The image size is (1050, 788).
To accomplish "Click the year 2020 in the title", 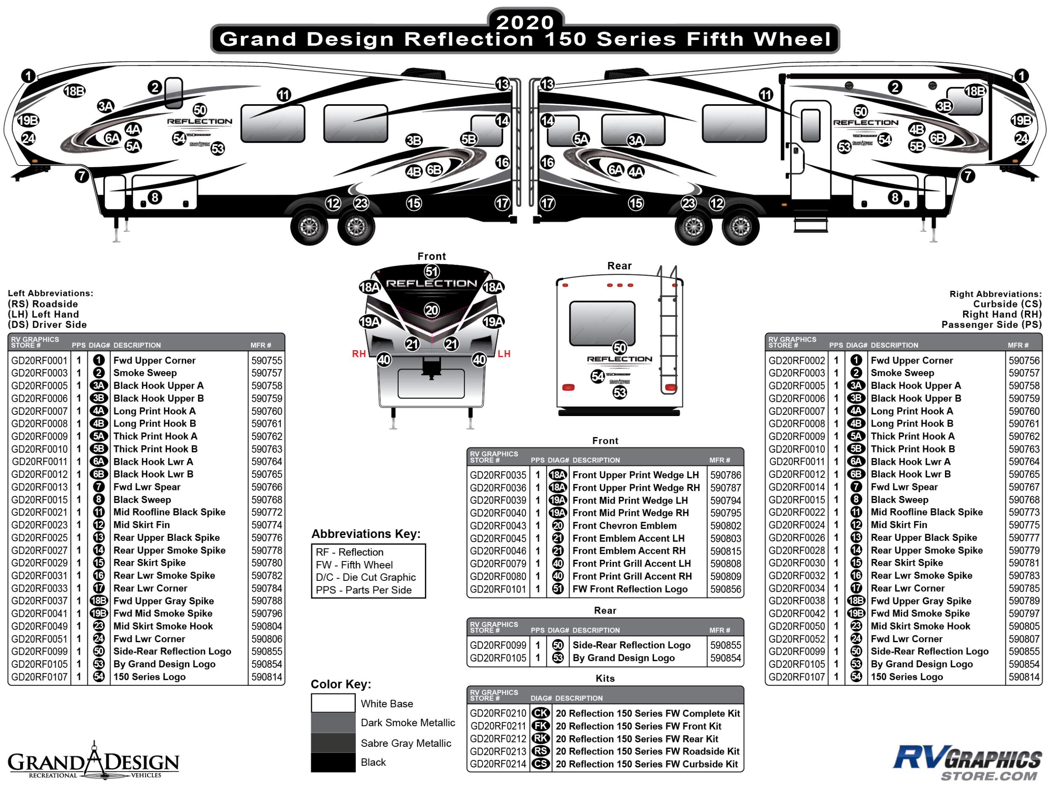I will (525, 22).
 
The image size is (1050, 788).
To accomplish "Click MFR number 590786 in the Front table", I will (725, 475).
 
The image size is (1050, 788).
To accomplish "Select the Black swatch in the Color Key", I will (333, 762).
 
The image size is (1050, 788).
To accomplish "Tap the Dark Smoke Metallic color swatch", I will (333, 722).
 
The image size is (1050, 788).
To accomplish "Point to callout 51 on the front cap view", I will (431, 271).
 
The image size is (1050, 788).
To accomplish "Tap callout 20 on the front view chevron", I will (431, 310).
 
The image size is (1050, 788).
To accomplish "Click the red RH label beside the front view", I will (358, 354).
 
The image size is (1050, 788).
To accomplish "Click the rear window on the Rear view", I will (602, 323).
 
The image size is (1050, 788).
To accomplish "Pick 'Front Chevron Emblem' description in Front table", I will (624, 526).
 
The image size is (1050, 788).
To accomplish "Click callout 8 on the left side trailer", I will (155, 197).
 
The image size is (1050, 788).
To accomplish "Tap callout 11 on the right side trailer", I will (765, 95).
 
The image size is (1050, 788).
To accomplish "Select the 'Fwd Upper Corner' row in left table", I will (154, 361).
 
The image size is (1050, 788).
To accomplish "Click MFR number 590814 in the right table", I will (1024, 677).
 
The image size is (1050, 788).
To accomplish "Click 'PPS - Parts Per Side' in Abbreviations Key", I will (364, 590).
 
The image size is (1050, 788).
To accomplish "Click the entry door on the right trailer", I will (810, 147).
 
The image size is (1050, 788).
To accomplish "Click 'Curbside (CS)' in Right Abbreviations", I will (1007, 304).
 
